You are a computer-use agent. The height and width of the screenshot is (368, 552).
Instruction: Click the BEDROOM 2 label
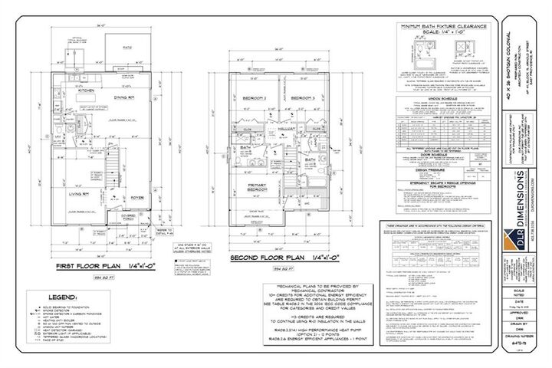coord(255,99)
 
